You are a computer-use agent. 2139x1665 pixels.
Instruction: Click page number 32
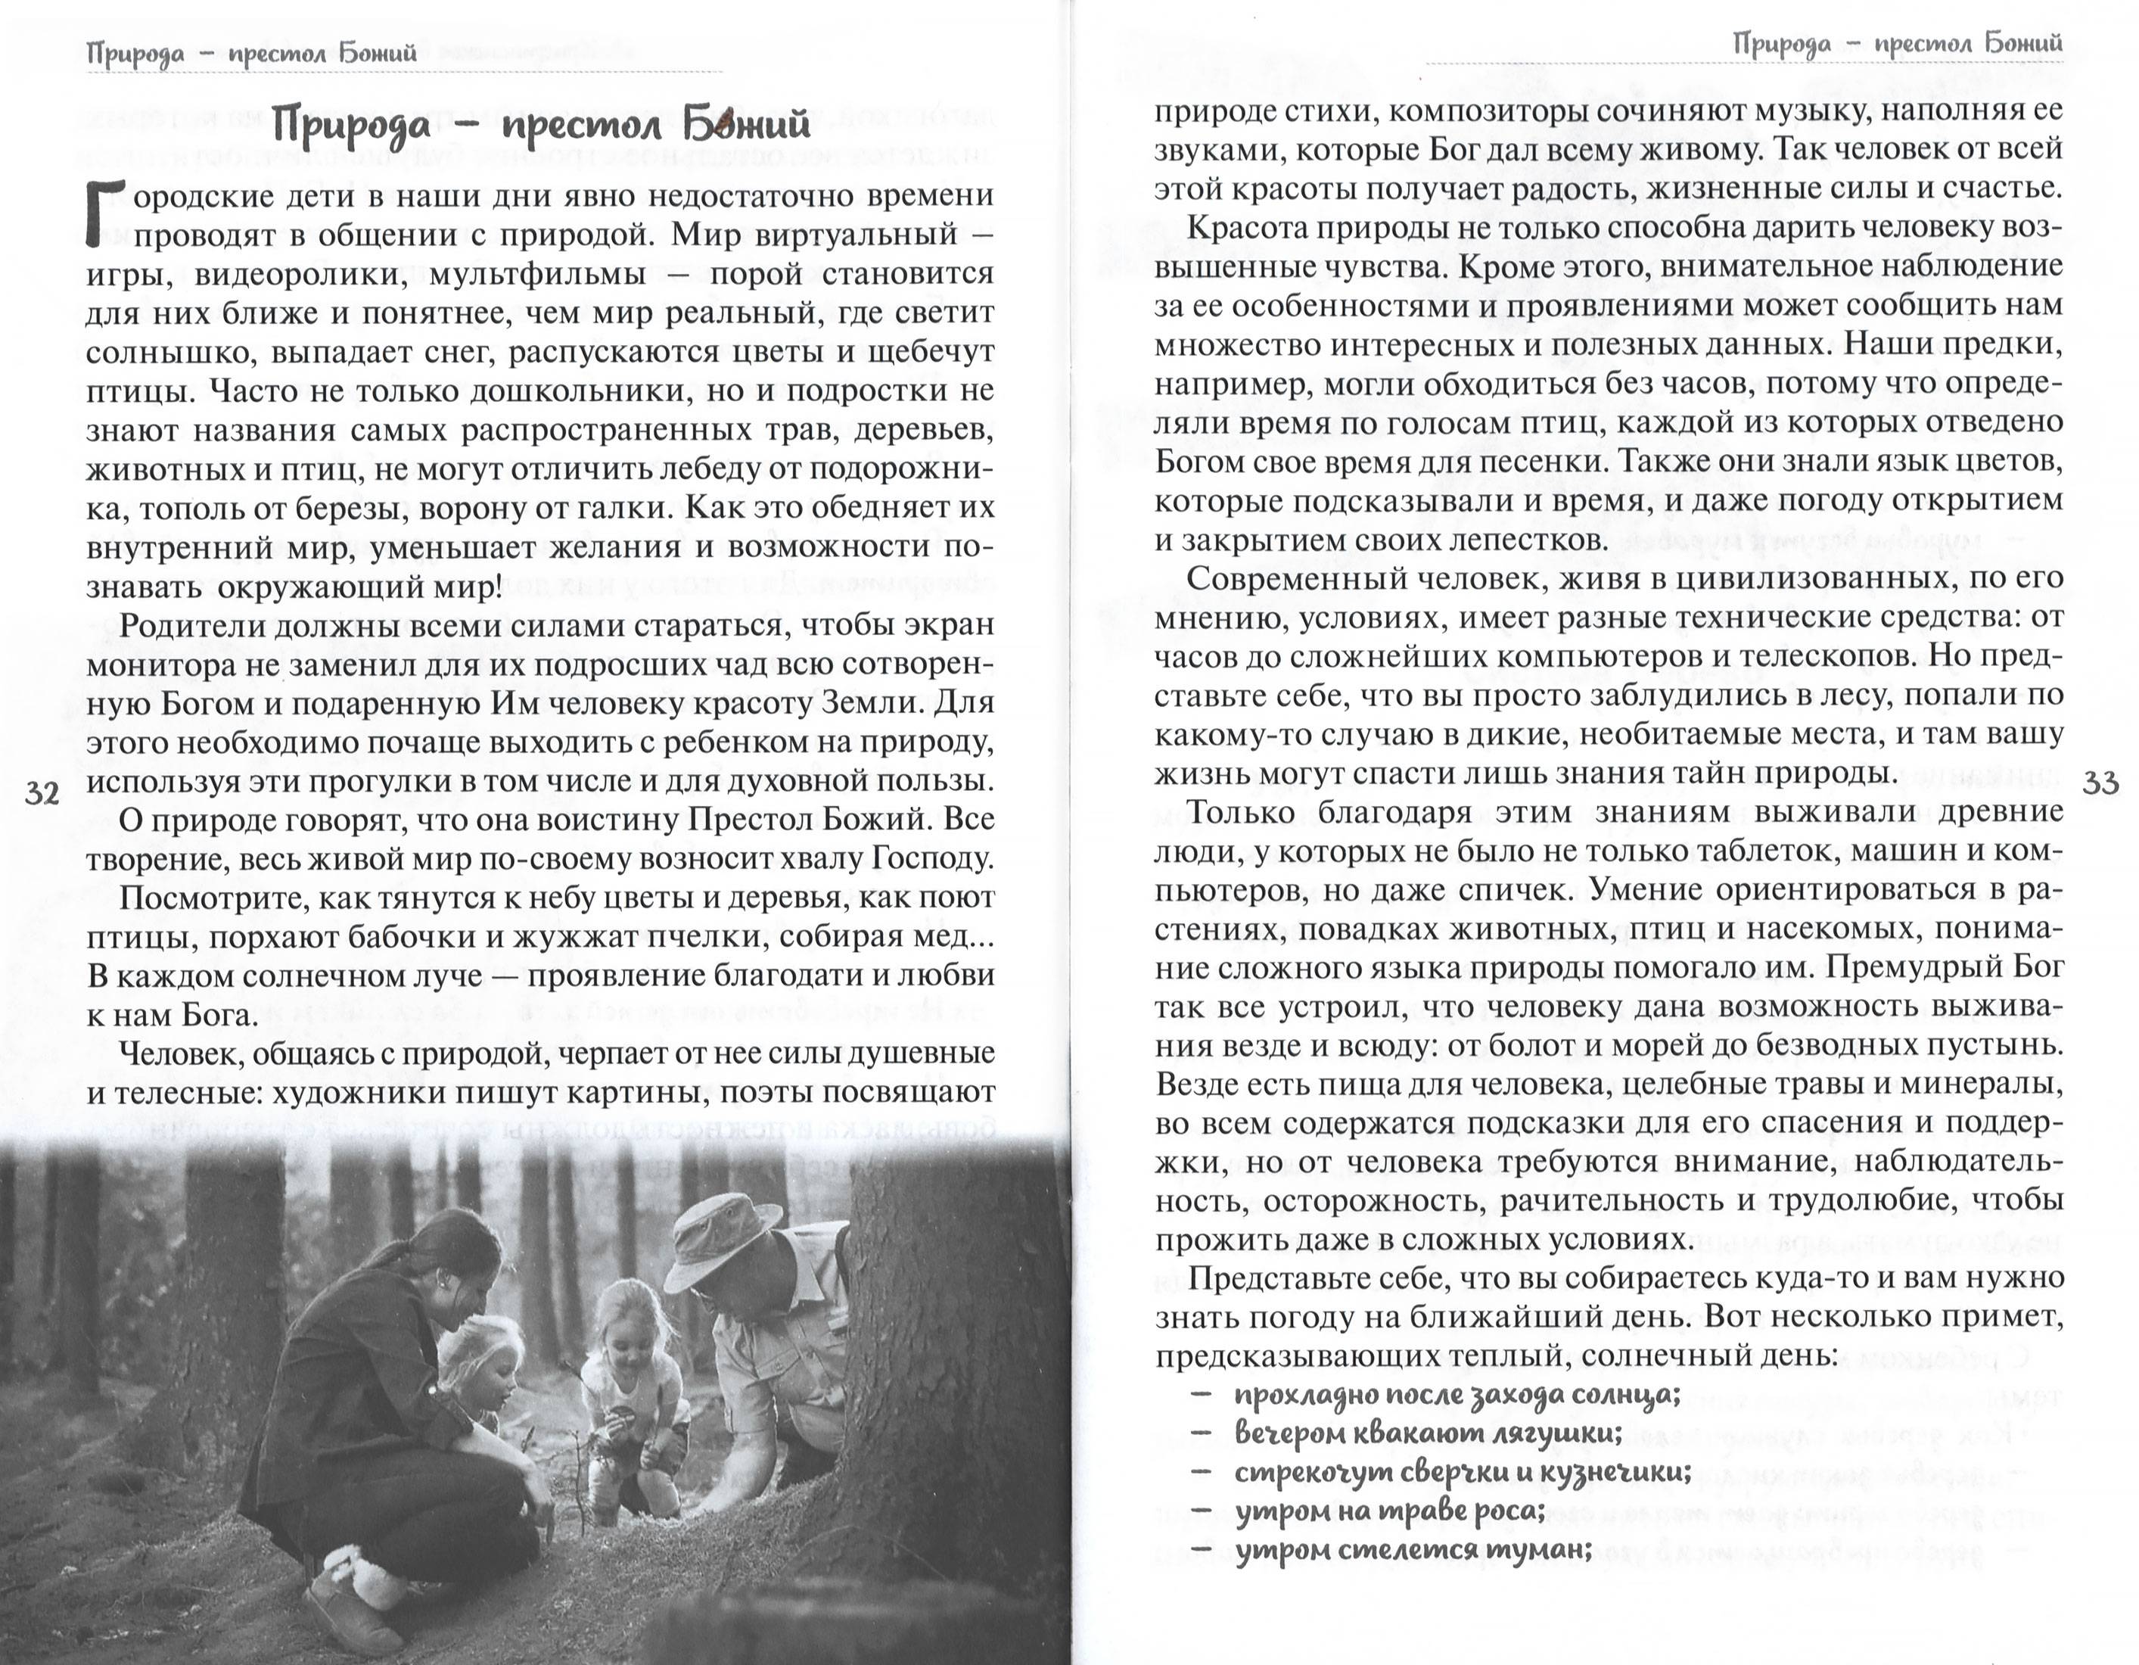coord(42,792)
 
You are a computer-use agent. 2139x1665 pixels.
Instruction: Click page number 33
coord(2099,783)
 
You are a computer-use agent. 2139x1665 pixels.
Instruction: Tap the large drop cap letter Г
coord(107,213)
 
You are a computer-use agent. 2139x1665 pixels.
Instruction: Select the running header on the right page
coord(1897,44)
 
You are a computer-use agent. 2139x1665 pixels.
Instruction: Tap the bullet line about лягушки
coord(1428,1434)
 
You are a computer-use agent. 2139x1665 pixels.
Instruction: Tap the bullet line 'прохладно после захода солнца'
coord(1457,1395)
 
